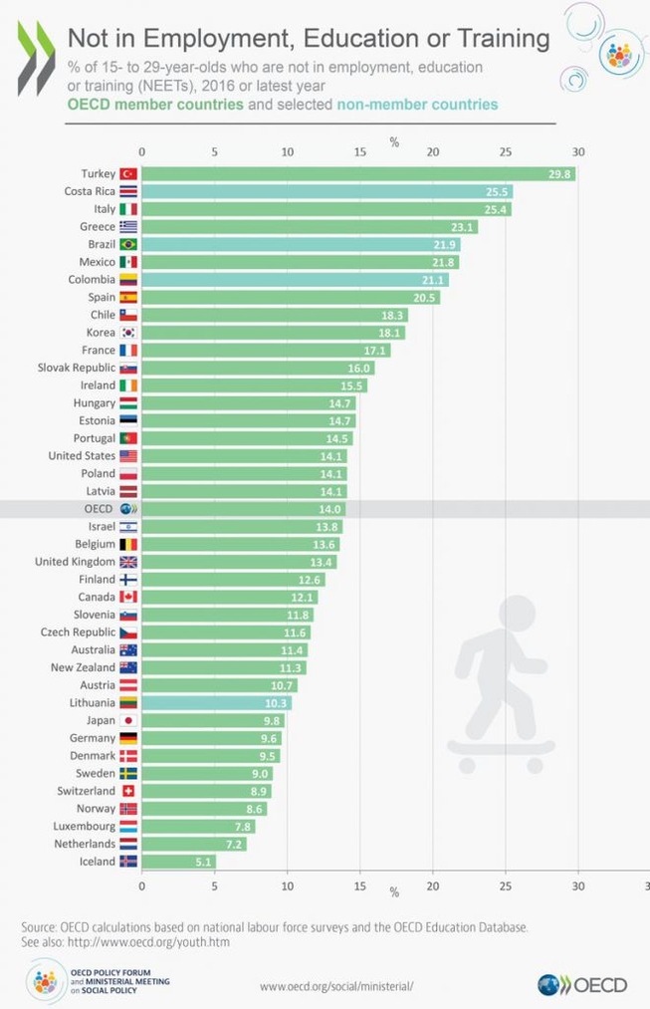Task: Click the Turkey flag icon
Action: pyautogui.click(x=127, y=174)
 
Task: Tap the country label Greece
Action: pyautogui.click(x=98, y=227)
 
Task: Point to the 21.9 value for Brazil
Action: pyautogui.click(x=446, y=245)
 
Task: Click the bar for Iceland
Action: pyautogui.click(x=177, y=862)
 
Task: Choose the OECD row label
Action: pyautogui.click(x=99, y=509)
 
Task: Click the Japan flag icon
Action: pyautogui.click(x=127, y=720)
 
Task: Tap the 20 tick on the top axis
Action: pyautogui.click(x=433, y=152)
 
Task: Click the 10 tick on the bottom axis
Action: pyautogui.click(x=287, y=883)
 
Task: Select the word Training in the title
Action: pyautogui.click(x=503, y=39)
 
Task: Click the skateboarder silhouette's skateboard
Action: pyautogui.click(x=500, y=747)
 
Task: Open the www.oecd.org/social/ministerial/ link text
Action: pyautogui.click(x=335, y=986)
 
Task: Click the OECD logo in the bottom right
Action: pyautogui.click(x=582, y=985)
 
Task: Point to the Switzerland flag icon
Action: pyautogui.click(x=127, y=791)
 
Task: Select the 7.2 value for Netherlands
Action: pyautogui.click(x=233, y=844)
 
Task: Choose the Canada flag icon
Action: pyautogui.click(x=127, y=597)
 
